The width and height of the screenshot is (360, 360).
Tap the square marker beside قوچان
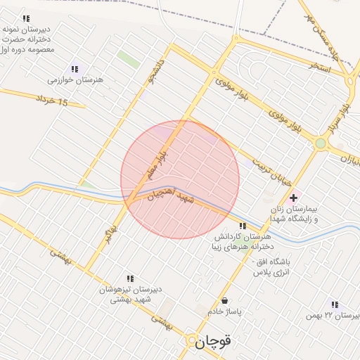click(193, 342)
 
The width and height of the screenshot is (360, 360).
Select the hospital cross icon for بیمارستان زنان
click(293, 198)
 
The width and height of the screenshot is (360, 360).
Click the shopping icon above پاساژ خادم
click(224, 300)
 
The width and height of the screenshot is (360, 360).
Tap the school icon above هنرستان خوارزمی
click(74, 68)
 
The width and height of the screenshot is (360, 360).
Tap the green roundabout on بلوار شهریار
click(321, 144)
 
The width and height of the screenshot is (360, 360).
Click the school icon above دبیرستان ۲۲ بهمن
click(335, 304)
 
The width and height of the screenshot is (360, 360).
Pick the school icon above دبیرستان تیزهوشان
click(129, 278)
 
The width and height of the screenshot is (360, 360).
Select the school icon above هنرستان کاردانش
click(243, 226)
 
